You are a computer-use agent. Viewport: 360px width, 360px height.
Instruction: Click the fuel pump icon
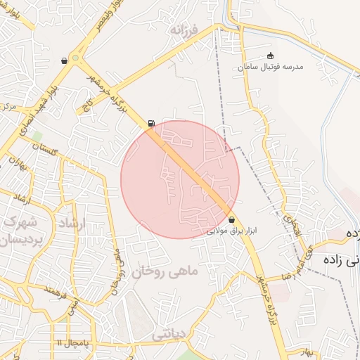point(152,124)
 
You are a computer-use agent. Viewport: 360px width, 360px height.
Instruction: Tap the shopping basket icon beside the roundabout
point(65,60)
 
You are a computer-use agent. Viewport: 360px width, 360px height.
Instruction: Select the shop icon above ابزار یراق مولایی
point(231,220)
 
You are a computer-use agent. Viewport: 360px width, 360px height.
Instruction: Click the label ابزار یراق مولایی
point(232,230)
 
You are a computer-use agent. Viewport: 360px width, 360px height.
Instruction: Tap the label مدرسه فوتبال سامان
point(270,66)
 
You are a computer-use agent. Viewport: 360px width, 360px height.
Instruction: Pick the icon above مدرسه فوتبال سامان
point(271,56)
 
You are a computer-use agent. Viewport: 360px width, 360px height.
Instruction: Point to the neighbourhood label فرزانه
point(195,31)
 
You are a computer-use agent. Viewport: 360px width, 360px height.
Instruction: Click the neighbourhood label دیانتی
point(169,335)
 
